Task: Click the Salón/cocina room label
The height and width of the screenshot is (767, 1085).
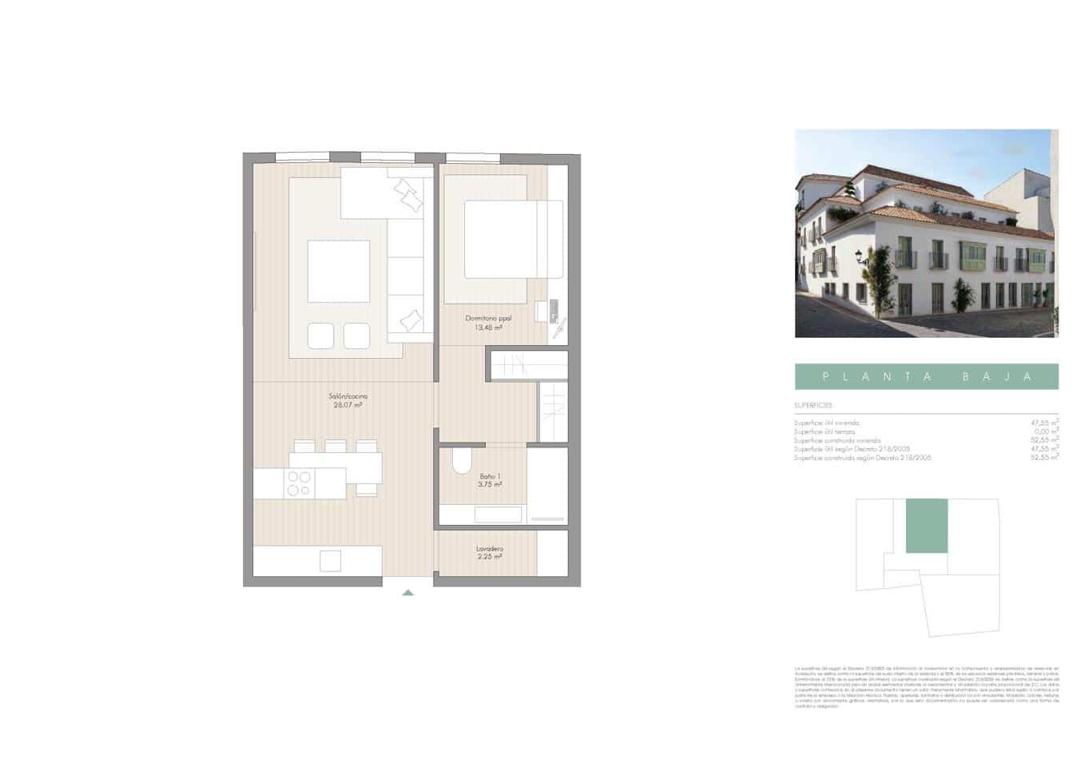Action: (x=348, y=396)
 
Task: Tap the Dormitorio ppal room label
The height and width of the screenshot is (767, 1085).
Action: (x=488, y=318)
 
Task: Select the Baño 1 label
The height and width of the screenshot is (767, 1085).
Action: (x=489, y=476)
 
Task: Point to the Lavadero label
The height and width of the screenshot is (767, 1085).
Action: (x=489, y=549)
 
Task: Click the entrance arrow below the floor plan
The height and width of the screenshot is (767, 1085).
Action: (x=408, y=592)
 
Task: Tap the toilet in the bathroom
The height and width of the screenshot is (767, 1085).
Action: (x=463, y=463)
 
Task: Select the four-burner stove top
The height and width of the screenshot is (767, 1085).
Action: (x=300, y=483)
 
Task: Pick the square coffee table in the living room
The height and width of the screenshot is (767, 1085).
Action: (x=339, y=271)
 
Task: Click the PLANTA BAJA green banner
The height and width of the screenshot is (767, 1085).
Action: (x=926, y=376)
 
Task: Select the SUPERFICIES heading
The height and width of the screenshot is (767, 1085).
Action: (x=813, y=406)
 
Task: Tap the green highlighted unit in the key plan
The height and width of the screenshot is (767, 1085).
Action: (x=926, y=526)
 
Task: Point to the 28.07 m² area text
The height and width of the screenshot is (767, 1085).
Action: (x=348, y=405)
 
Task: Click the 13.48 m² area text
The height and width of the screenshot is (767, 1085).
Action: (x=488, y=328)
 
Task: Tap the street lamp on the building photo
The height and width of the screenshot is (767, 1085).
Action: (x=860, y=256)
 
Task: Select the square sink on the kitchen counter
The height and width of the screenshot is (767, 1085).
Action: (x=330, y=561)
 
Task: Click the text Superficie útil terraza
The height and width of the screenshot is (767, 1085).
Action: (x=825, y=431)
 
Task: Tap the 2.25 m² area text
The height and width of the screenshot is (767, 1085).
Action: (x=489, y=557)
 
